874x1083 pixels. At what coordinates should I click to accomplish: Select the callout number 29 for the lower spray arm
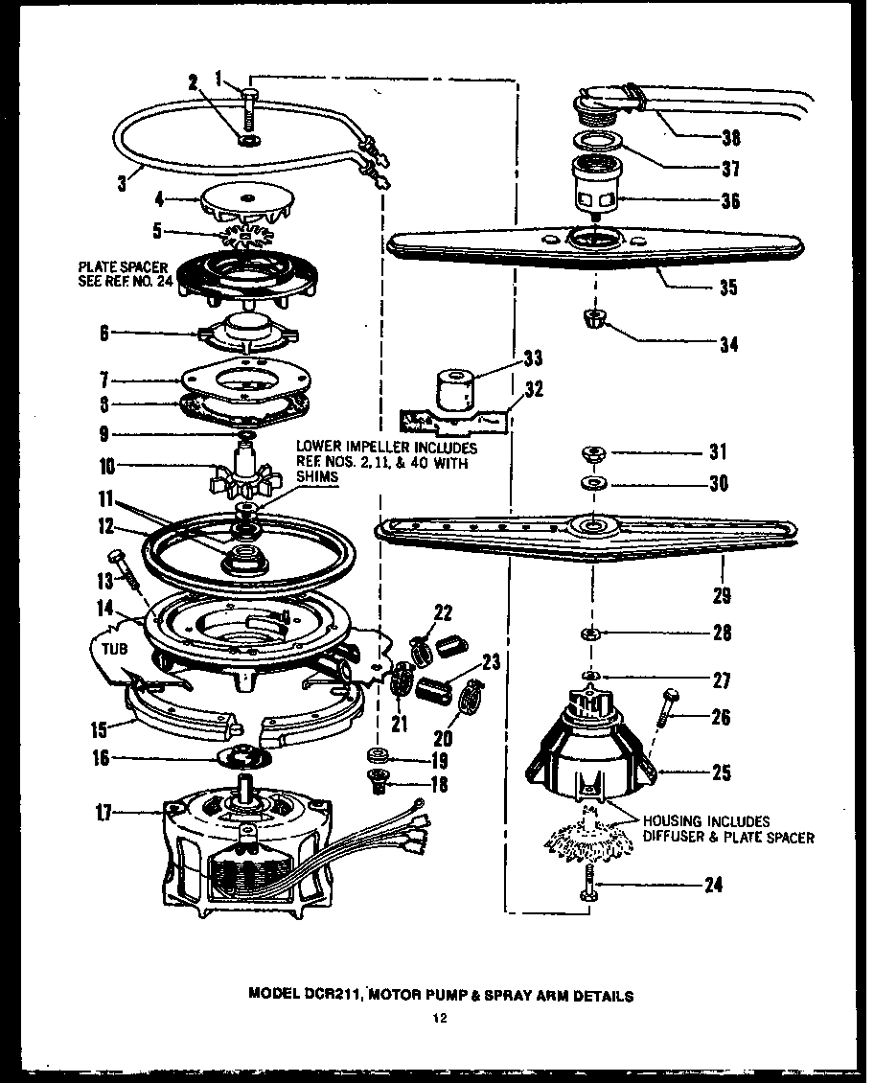(x=722, y=596)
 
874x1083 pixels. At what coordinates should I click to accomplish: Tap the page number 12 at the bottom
(x=436, y=1020)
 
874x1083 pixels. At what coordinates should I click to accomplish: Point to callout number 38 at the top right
(x=730, y=138)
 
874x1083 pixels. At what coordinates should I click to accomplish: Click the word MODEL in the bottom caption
(x=272, y=995)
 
